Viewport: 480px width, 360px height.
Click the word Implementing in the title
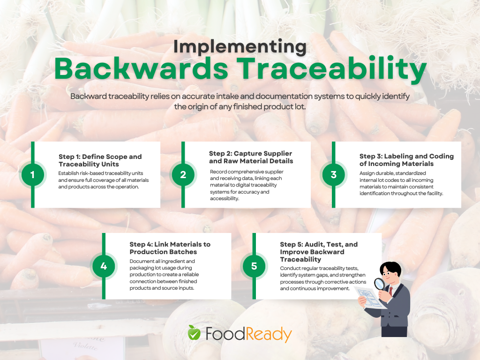[240, 47]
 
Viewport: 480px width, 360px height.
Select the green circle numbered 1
[33, 175]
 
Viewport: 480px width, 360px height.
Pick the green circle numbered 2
[183, 175]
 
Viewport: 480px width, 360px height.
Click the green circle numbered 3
[334, 175]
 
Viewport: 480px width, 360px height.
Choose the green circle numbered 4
[104, 266]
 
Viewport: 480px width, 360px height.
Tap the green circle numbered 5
[254, 266]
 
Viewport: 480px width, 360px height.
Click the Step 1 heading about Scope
[100, 160]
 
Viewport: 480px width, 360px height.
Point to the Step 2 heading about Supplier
[251, 157]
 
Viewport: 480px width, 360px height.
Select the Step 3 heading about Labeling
[406, 160]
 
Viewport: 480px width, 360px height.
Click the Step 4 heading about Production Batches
[170, 248]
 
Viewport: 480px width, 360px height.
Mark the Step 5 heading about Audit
[319, 252]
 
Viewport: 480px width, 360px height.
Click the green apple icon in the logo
[194, 332]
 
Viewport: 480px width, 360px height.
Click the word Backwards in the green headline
[141, 69]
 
